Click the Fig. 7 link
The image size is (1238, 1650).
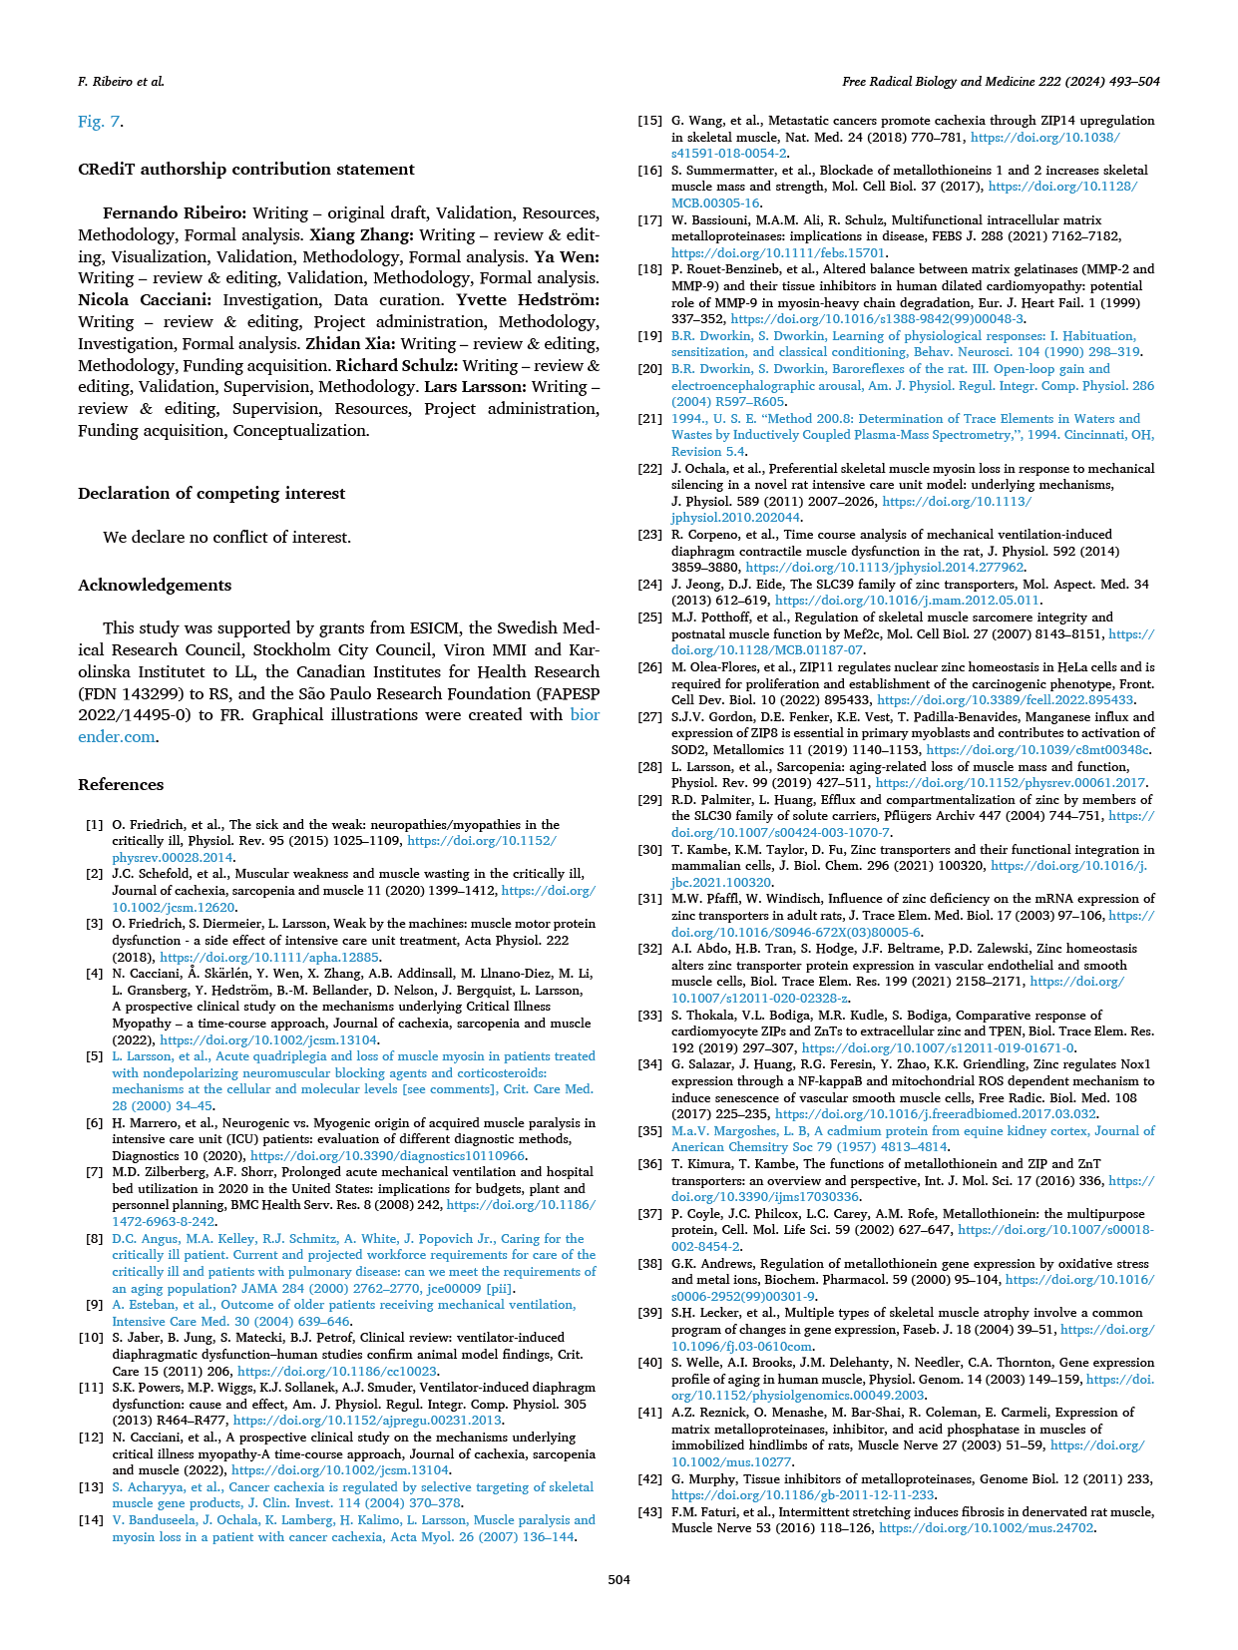click(x=100, y=122)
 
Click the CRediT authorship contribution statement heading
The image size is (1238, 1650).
click(x=245, y=170)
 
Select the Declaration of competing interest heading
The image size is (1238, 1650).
click(x=211, y=494)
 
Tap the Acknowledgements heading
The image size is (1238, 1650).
click(x=155, y=586)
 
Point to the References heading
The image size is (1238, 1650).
click(x=121, y=785)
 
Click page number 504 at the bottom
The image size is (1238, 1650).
click(x=619, y=1579)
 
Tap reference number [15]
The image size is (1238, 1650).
click(x=649, y=121)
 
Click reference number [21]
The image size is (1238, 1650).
click(x=649, y=419)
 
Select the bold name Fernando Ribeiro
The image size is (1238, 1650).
click(x=175, y=213)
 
